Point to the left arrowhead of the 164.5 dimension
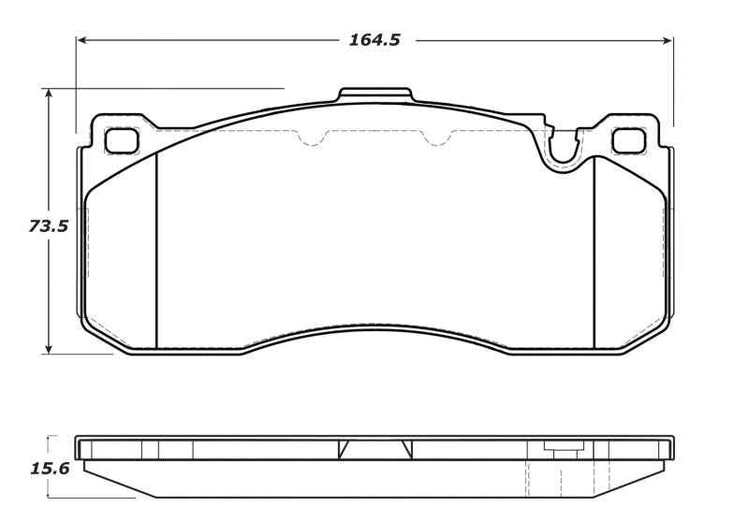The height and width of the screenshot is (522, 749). coord(81,41)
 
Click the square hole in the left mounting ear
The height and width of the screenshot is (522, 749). coord(121,140)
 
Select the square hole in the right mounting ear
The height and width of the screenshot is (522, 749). coord(627,140)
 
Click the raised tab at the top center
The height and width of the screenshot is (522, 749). coord(374,94)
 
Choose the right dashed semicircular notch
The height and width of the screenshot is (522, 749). coord(434,138)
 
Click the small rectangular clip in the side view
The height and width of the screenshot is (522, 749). coord(564,452)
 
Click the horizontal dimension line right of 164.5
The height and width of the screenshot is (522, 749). coord(543,41)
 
